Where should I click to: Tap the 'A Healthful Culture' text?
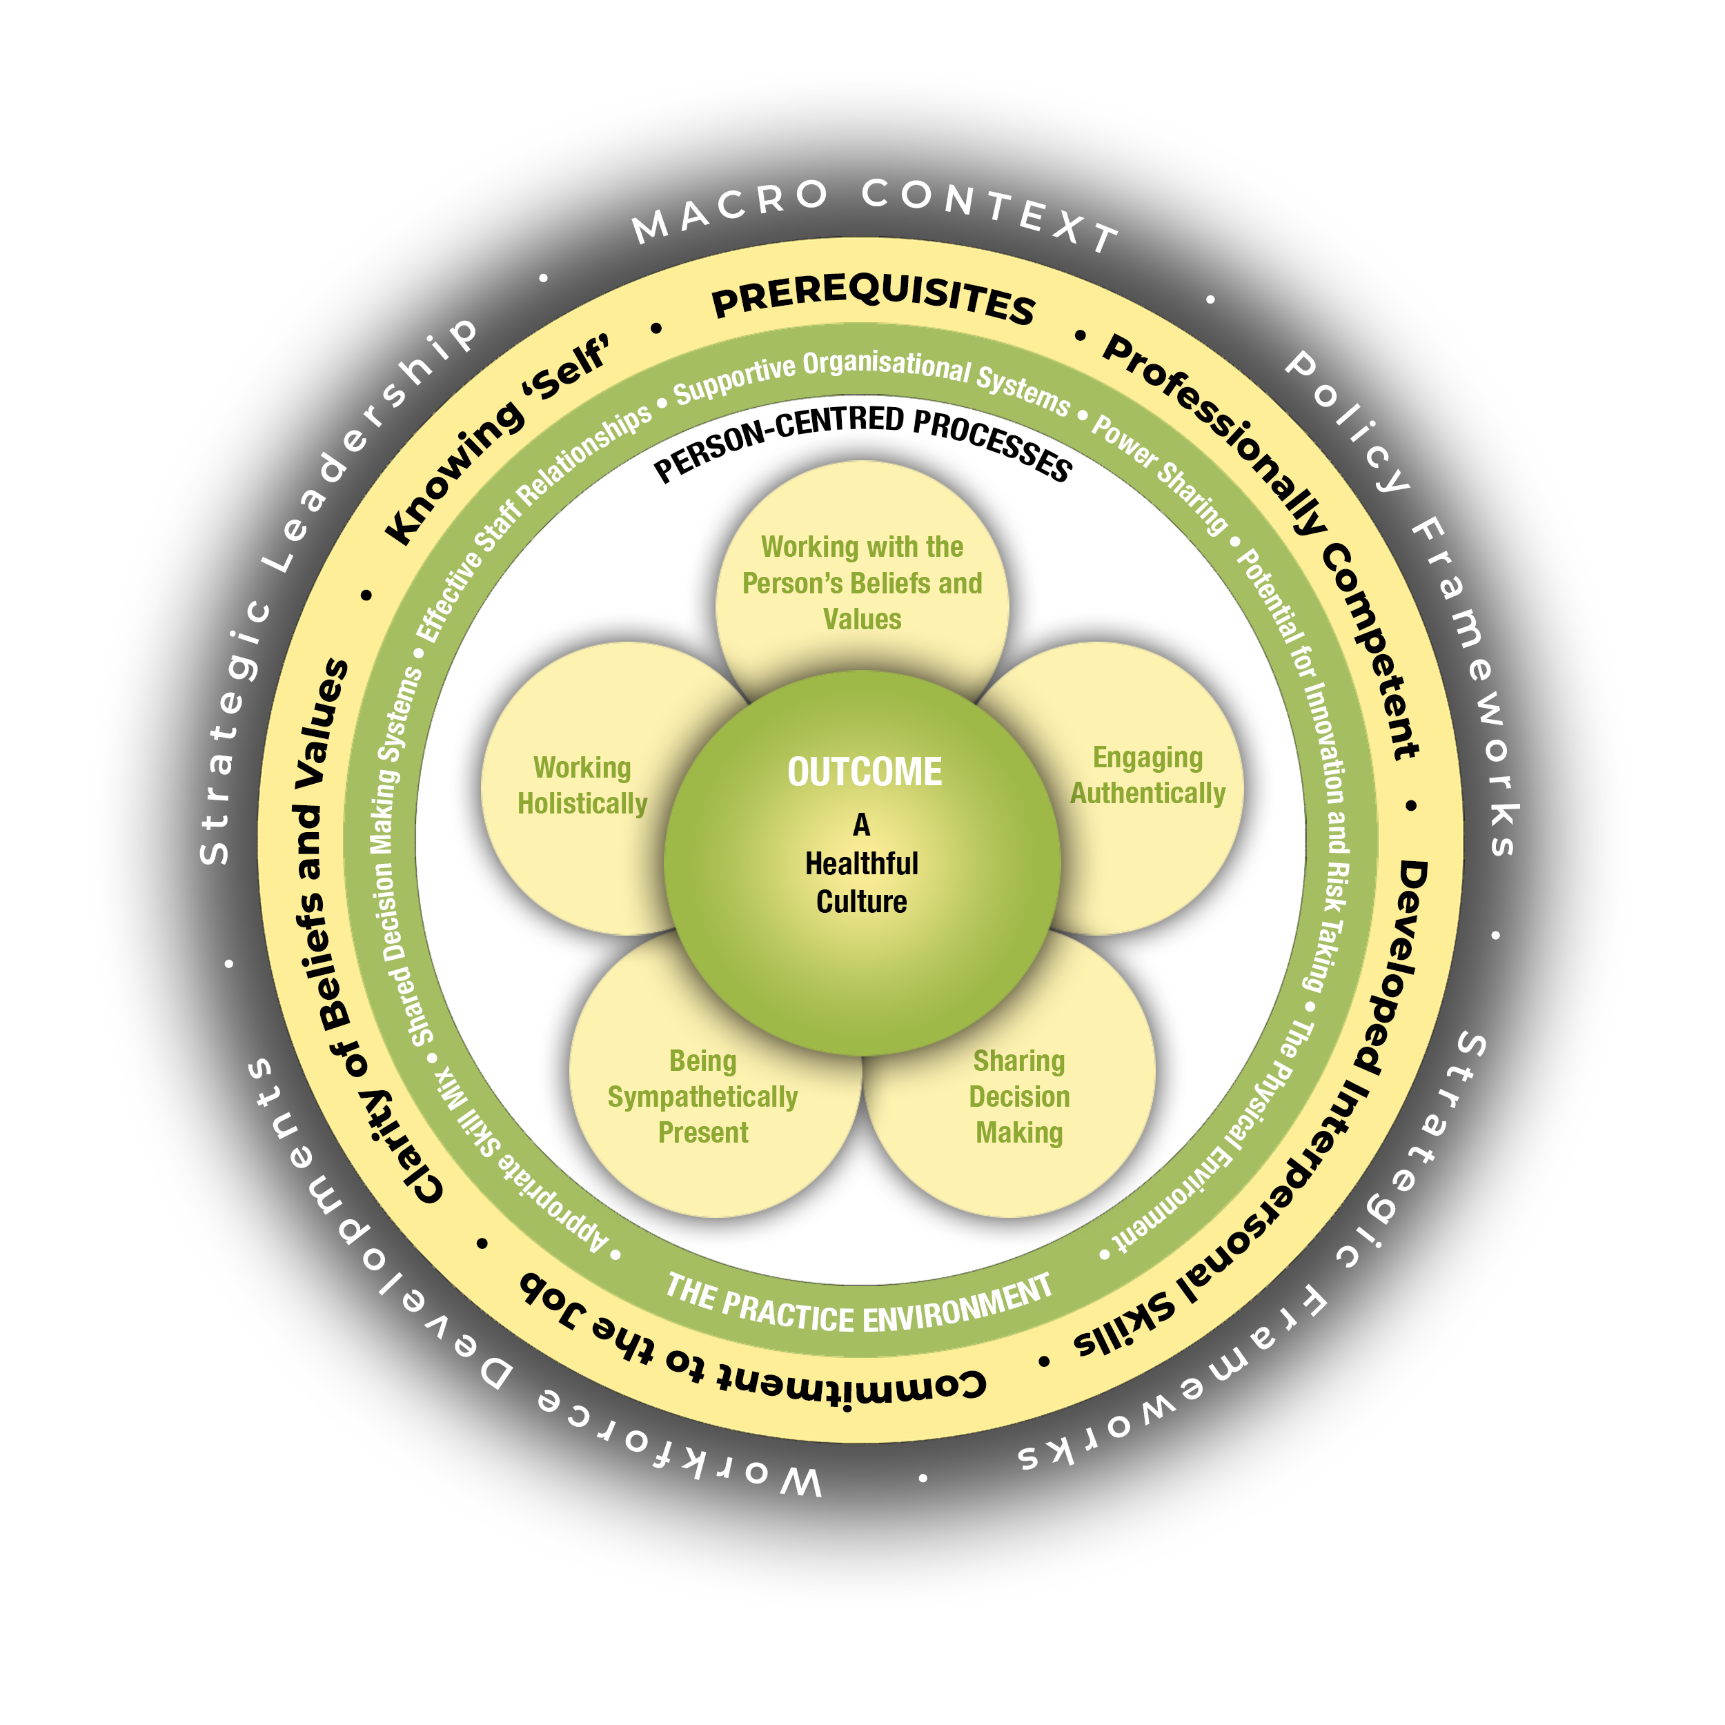(x=862, y=863)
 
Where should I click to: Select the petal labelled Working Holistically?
(x=582, y=786)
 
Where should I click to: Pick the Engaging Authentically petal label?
(x=1147, y=775)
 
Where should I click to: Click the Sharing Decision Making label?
(x=1018, y=1096)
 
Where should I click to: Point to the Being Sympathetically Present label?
(x=702, y=1096)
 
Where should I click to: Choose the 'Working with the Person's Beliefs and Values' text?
(x=862, y=583)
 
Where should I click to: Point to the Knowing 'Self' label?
(x=497, y=440)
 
